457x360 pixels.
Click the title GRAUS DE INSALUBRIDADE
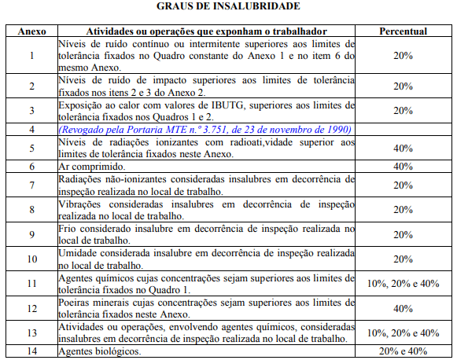(x=228, y=6)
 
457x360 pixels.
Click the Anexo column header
(x=31, y=31)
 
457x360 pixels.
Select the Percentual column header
(x=403, y=31)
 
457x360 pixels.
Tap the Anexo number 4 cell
(x=31, y=129)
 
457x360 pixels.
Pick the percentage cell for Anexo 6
(x=403, y=167)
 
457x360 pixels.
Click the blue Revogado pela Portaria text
(x=134, y=129)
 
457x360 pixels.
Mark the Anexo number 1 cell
(x=31, y=56)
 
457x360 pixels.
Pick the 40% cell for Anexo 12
(x=403, y=308)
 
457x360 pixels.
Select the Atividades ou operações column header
(x=207, y=31)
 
